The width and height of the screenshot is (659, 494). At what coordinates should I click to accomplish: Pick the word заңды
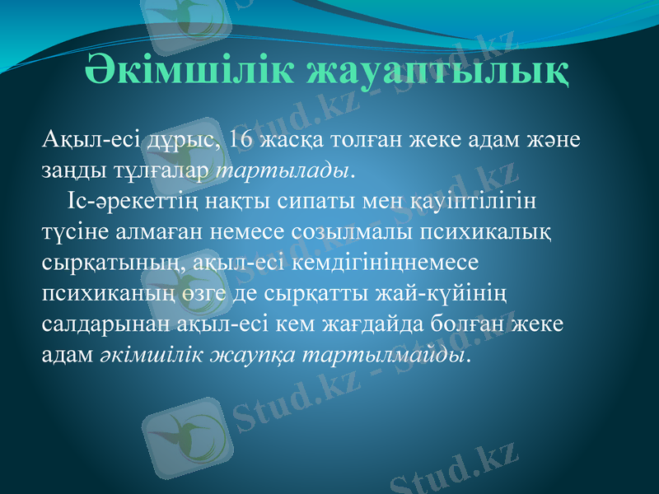69,170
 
